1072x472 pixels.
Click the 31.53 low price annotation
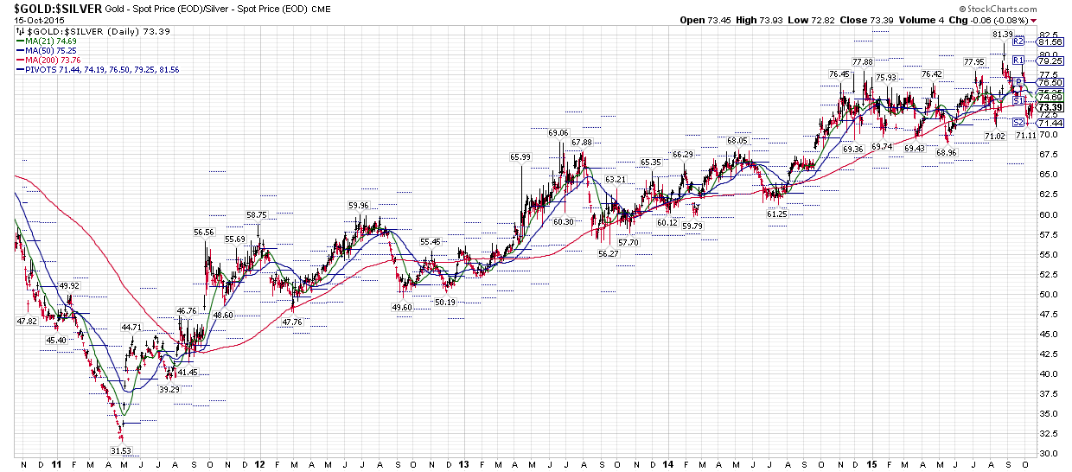(x=120, y=450)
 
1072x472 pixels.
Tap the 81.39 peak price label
(x=1002, y=34)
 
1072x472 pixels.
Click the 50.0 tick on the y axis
(x=1049, y=294)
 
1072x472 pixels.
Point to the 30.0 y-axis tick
(x=1049, y=453)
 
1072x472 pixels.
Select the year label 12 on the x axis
(x=260, y=464)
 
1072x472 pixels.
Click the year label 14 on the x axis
(x=668, y=464)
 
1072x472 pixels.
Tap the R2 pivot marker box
(x=1018, y=41)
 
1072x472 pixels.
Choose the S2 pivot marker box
(x=1018, y=123)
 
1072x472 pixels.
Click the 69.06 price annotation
(x=558, y=132)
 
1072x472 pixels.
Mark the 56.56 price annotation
(x=204, y=232)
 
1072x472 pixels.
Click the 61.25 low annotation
(x=776, y=214)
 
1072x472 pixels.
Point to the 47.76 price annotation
(x=292, y=322)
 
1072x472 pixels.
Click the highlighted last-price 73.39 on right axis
(x=1050, y=107)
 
